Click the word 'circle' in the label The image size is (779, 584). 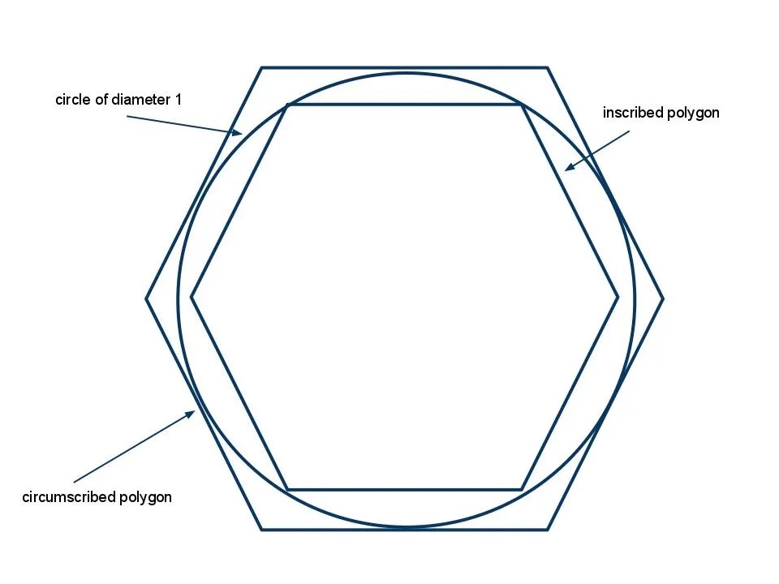[73, 99]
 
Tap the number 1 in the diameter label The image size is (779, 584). [178, 99]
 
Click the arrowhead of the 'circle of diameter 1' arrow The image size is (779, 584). [238, 132]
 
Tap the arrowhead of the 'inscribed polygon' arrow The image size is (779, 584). [570, 167]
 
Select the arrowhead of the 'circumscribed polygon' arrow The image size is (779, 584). [191, 413]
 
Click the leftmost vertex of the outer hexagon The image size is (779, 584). [146, 298]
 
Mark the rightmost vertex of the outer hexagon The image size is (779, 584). [663, 298]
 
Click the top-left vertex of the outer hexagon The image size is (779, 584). [261, 67]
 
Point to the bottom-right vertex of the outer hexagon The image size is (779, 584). [548, 530]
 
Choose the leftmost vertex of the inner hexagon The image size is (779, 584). [192, 298]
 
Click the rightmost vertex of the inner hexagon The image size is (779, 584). [618, 298]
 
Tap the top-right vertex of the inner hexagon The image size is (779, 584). [522, 105]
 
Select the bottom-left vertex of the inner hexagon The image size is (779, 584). [287, 490]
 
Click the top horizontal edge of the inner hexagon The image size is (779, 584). [404, 105]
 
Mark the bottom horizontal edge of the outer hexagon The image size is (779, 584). [404, 530]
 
